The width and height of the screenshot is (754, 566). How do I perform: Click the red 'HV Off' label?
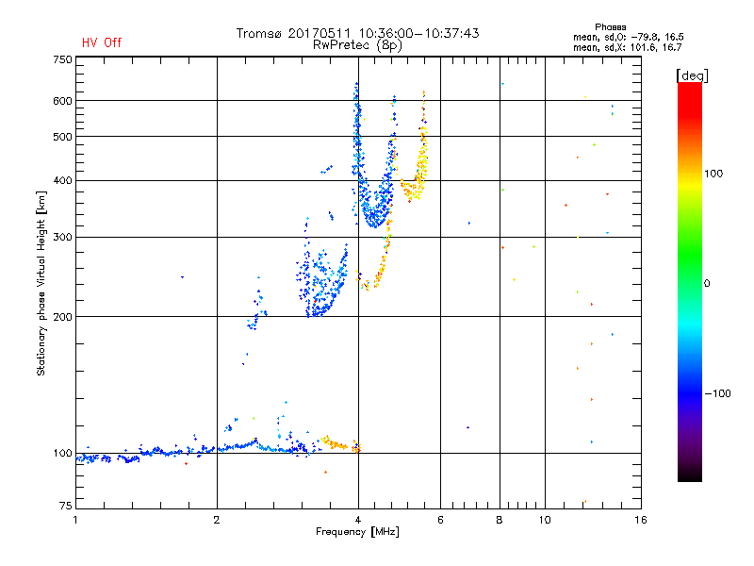point(102,42)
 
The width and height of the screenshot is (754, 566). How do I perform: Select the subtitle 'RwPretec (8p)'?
point(357,45)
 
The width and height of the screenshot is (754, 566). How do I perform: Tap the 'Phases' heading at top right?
point(610,27)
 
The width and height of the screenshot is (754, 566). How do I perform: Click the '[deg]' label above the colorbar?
point(692,76)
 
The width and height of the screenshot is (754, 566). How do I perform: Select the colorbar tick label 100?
point(713,174)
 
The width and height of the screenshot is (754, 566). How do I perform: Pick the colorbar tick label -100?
point(717,393)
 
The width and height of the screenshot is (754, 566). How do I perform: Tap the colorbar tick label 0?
point(707,284)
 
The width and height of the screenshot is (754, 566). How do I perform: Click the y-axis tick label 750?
point(62,59)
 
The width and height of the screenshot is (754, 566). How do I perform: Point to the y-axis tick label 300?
point(62,238)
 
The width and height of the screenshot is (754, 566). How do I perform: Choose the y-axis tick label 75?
point(65,506)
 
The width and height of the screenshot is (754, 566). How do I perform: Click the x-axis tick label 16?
point(641,520)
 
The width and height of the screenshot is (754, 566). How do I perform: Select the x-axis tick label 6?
point(440,520)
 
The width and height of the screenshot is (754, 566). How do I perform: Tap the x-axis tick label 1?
point(75,520)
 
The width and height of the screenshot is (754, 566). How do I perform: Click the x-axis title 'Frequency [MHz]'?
point(357,532)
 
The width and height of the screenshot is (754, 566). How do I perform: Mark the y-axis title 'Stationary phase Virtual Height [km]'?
point(41,283)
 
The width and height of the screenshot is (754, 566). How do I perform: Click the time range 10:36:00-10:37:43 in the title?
point(418,33)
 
